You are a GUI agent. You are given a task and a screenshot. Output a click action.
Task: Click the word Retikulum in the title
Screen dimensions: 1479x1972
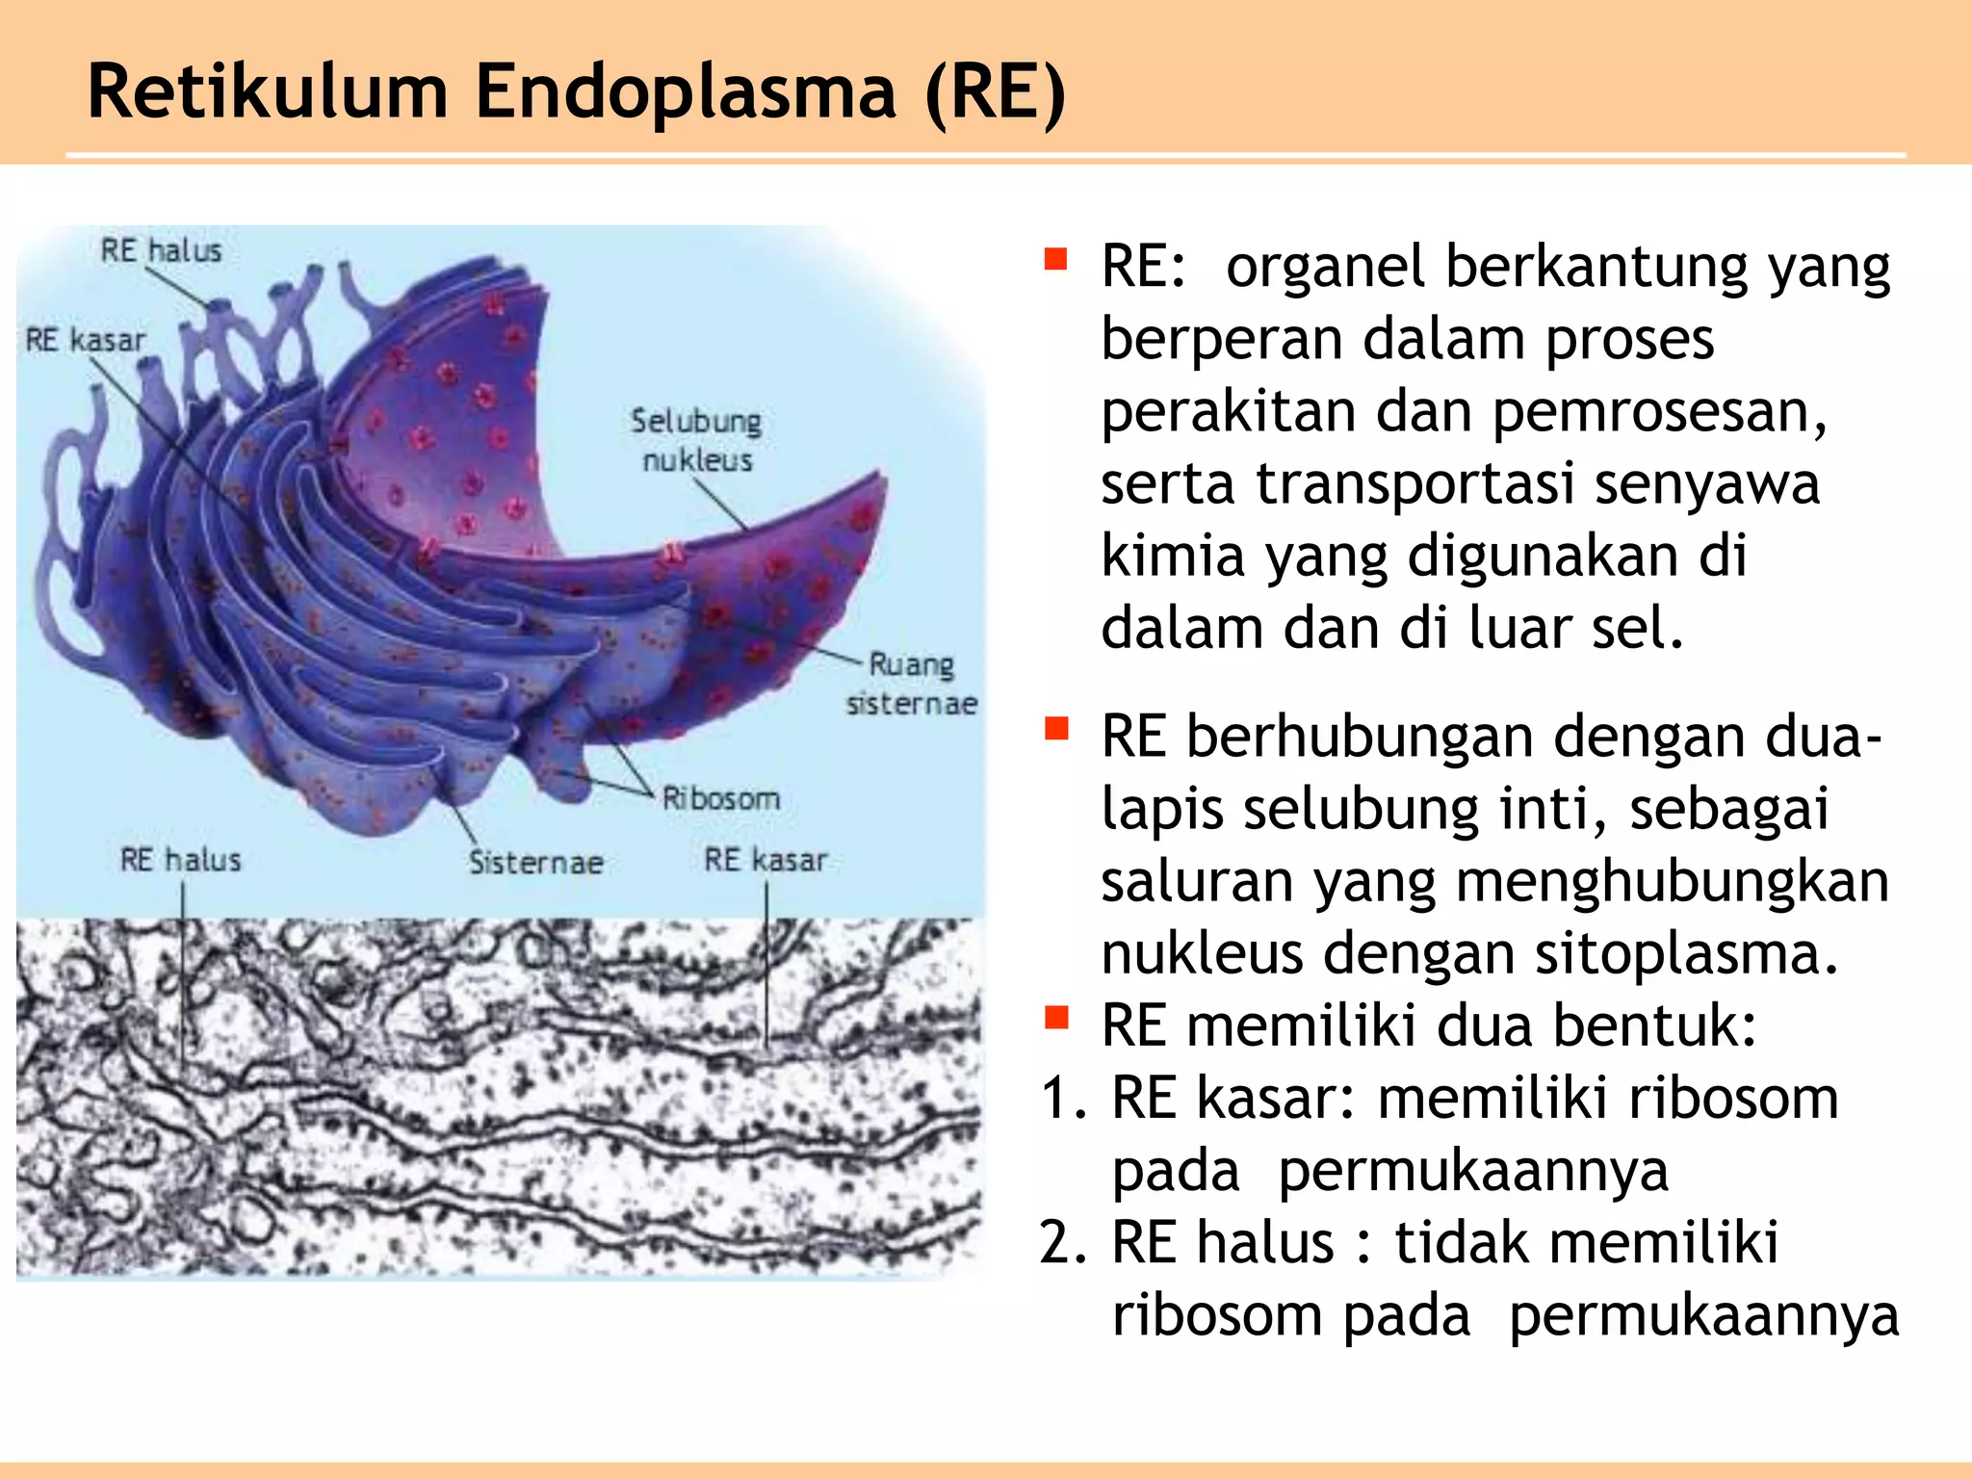pyautogui.click(x=268, y=92)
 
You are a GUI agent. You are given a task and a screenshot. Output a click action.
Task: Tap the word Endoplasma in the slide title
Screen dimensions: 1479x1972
pyautogui.click(x=686, y=92)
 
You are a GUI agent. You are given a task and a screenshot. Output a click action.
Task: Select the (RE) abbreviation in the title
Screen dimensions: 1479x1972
pyautogui.click(x=995, y=92)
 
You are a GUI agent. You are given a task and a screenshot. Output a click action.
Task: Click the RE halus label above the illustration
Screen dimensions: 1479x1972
pyautogui.click(x=162, y=251)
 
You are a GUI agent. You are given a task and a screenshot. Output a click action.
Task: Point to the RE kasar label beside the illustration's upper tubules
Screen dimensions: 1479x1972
pyautogui.click(x=85, y=341)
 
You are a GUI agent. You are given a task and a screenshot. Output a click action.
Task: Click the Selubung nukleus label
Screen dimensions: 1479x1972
pyautogui.click(x=696, y=440)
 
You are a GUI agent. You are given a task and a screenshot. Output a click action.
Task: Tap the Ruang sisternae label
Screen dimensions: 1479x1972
pyautogui.click(x=911, y=684)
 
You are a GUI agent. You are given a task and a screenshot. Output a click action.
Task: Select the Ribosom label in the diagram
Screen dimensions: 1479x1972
pyautogui.click(x=720, y=798)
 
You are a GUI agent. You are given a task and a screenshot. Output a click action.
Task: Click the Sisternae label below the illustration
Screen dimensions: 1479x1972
pyautogui.click(x=535, y=862)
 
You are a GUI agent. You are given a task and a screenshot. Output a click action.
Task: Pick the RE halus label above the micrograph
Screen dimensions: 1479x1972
pyautogui.click(x=180, y=859)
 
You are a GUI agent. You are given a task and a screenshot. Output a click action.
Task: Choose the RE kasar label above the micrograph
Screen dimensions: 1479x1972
pyautogui.click(x=765, y=859)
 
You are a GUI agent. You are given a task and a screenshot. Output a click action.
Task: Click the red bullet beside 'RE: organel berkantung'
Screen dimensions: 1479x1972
pyautogui.click(x=1056, y=259)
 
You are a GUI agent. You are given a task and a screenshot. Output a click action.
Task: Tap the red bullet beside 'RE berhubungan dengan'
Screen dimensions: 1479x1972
pyautogui.click(x=1056, y=729)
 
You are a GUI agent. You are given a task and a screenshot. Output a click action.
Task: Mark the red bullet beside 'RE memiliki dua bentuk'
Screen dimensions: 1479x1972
pyautogui.click(x=1056, y=1017)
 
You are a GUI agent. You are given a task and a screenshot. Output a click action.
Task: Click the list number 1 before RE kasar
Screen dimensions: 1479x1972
pyautogui.click(x=1063, y=1098)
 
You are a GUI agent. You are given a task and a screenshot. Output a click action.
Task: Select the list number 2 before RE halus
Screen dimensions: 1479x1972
pyautogui.click(x=1063, y=1242)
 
